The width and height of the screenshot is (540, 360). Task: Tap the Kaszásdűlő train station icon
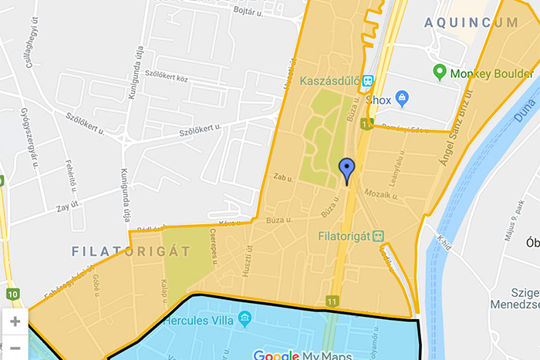(x=368, y=80)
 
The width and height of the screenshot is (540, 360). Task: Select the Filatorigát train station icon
(x=378, y=235)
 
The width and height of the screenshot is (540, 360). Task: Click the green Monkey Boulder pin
(x=440, y=73)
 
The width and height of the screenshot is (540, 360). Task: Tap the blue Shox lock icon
(x=401, y=98)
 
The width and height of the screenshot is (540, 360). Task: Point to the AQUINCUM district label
(x=471, y=24)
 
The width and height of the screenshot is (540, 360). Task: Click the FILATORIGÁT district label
(x=130, y=251)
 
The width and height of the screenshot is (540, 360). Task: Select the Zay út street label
(x=69, y=206)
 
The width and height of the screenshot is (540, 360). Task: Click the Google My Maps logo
(x=302, y=355)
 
